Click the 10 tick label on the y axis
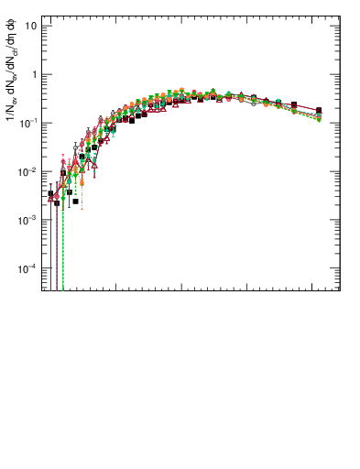pyautogui.click(x=31, y=26)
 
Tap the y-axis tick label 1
pyautogui.click(x=34, y=74)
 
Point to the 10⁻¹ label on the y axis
pyautogui.click(x=29, y=123)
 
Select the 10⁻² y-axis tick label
pyautogui.click(x=29, y=171)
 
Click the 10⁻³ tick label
pyautogui.click(x=29, y=220)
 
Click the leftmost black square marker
pyautogui.click(x=50, y=194)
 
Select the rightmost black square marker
pyautogui.click(x=319, y=111)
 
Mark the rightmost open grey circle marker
pyautogui.click(x=319, y=116)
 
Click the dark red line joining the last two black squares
pyautogui.click(x=306, y=108)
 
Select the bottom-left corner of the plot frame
pyautogui.click(x=41, y=291)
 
